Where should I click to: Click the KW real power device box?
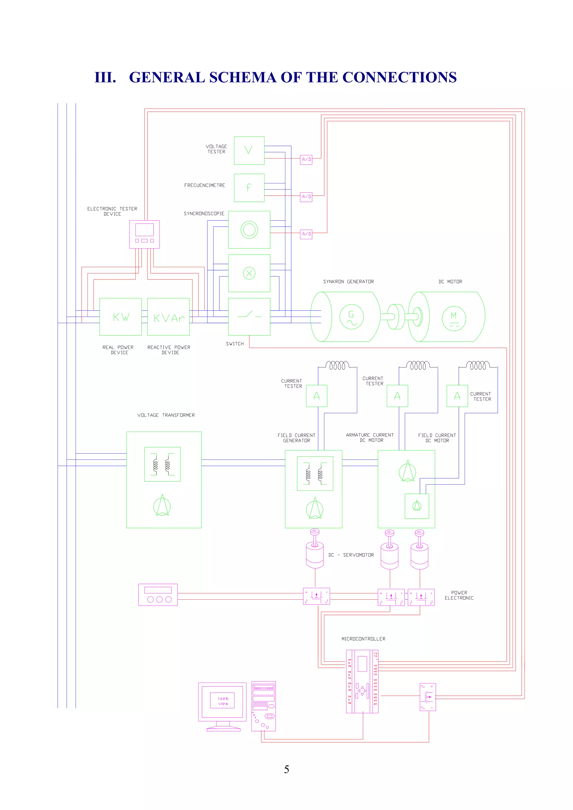click(120, 316)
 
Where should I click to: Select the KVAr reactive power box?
click(168, 316)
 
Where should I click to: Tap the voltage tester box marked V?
click(249, 150)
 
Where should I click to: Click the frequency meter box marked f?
click(249, 188)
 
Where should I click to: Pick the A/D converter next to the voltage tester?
click(306, 160)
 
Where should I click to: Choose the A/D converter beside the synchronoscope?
click(306, 234)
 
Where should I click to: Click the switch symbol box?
click(249, 316)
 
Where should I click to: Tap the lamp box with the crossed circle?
click(249, 273)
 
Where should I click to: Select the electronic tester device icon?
click(144, 234)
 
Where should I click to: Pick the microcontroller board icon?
click(362, 681)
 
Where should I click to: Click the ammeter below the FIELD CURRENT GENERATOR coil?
click(316, 396)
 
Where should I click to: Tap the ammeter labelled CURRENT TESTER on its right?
click(457, 396)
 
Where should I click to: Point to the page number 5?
click(286, 769)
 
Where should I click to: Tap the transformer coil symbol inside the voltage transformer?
click(162, 464)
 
